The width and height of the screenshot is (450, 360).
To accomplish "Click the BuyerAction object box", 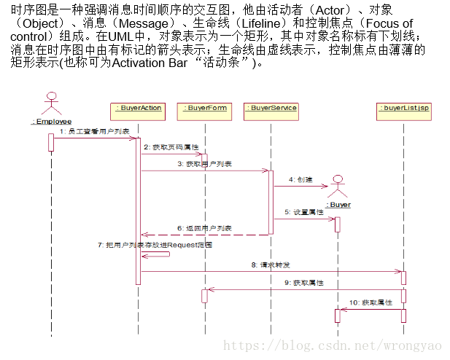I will pos(137,109).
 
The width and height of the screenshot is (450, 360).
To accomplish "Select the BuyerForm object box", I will pos(205,109).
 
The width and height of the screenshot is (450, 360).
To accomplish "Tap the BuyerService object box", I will pos(271,109).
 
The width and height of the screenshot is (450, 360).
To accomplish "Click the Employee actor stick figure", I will pos(51,103).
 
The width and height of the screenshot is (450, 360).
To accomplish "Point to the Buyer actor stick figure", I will pos(337,187).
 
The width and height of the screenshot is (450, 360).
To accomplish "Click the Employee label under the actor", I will pos(51,122).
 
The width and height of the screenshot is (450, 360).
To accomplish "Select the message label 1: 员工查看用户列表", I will pos(94,131).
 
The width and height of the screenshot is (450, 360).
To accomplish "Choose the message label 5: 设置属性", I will pos(304,212).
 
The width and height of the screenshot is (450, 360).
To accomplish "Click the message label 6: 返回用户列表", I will pos(203,228).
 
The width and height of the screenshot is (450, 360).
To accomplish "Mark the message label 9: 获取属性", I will pos(304,282).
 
